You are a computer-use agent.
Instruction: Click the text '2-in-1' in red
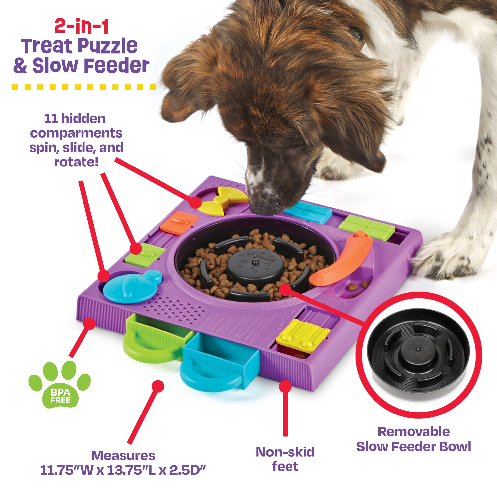[x=82, y=27]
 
